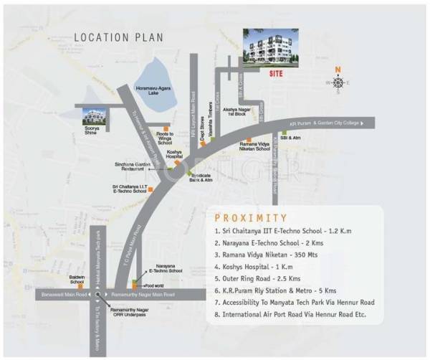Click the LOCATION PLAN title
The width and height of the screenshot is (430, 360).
point(118,37)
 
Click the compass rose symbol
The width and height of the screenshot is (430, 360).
point(338,82)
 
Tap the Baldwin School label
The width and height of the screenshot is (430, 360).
point(77,278)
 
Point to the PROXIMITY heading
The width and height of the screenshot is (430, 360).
point(251,218)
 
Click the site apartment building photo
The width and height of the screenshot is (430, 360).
point(272,49)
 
